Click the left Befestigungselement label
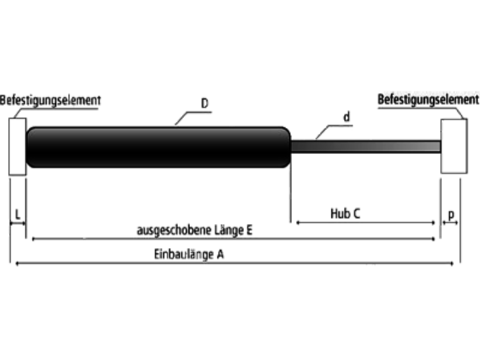[x=50, y=101]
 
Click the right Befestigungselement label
[x=428, y=100]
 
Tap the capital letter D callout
[x=205, y=103]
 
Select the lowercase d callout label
[x=347, y=117]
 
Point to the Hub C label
[x=346, y=214]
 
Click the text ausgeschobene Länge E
[x=194, y=230]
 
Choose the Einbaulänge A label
[x=189, y=254]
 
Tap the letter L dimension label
[x=18, y=214]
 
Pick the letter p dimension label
[x=451, y=215]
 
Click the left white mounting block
[x=17, y=146]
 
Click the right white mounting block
[x=454, y=146]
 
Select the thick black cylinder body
[x=158, y=147]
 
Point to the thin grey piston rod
[x=366, y=146]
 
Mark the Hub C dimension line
[x=365, y=223]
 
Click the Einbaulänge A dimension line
[x=234, y=263]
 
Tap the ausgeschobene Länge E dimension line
[x=233, y=239]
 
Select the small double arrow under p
[x=450, y=223]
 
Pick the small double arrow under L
[x=17, y=223]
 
